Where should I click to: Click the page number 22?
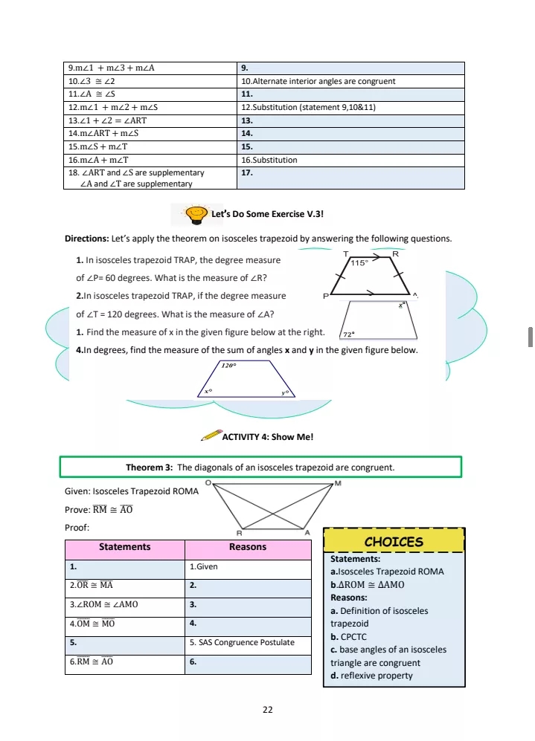pyautogui.click(x=267, y=710)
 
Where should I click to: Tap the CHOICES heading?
pyautogui.click(x=394, y=542)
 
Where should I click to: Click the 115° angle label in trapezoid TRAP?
pyautogui.click(x=360, y=263)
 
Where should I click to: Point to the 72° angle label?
pyautogui.click(x=348, y=334)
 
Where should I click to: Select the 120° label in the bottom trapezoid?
pyautogui.click(x=228, y=366)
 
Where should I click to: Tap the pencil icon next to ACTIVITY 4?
pyautogui.click(x=211, y=435)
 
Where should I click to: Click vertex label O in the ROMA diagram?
pyautogui.click(x=208, y=483)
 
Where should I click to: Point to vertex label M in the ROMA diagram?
pyautogui.click(x=338, y=483)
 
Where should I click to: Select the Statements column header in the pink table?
pyautogui.click(x=125, y=547)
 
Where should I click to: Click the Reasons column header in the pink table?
pyautogui.click(x=248, y=547)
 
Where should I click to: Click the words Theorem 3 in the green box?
pyautogui.click(x=149, y=467)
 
